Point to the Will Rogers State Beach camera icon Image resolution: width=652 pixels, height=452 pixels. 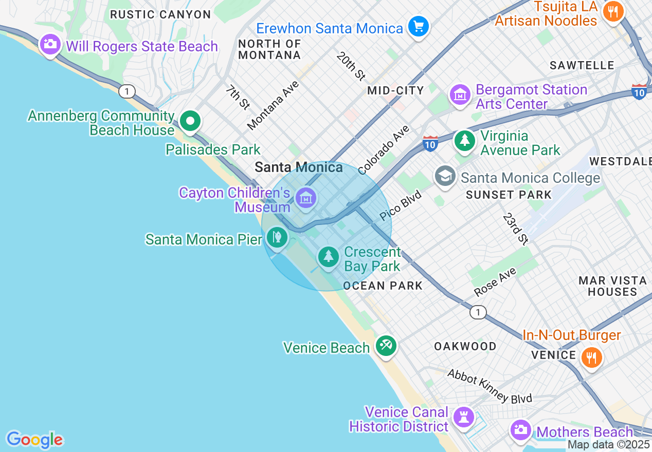(x=50, y=45)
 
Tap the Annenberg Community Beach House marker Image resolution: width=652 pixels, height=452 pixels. (x=191, y=122)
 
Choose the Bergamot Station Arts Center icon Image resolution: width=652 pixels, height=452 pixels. (x=460, y=95)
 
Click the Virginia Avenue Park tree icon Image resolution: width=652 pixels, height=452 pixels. (x=465, y=140)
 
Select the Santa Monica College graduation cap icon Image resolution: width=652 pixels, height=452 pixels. (x=445, y=176)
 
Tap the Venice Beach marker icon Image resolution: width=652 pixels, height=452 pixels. (x=385, y=346)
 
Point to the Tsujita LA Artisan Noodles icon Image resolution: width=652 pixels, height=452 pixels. (x=612, y=11)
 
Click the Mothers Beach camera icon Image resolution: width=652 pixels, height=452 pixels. (x=521, y=429)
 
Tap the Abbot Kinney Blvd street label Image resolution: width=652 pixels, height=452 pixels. (x=490, y=386)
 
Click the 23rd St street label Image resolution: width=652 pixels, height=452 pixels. (x=515, y=229)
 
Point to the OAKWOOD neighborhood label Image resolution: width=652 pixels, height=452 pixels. (x=465, y=346)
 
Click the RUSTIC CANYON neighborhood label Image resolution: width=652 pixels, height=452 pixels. (x=160, y=14)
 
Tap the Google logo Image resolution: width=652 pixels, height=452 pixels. (x=34, y=440)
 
